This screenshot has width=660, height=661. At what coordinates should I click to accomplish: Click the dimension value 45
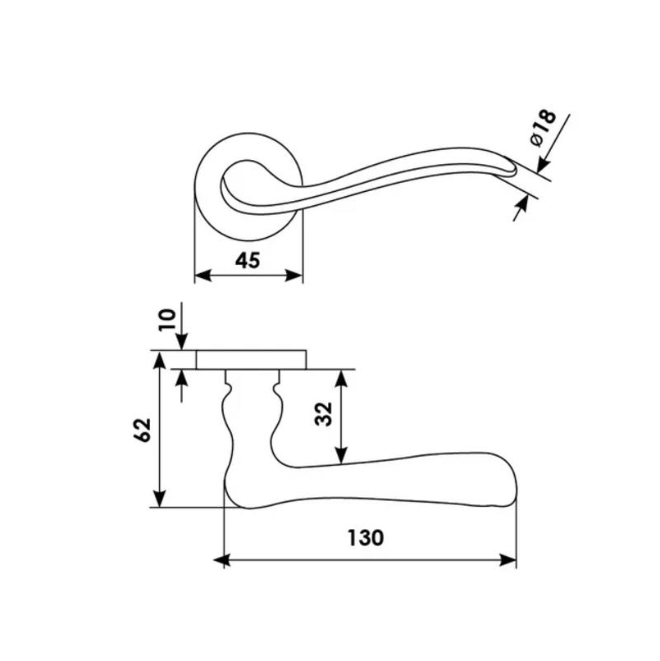pyautogui.click(x=248, y=261)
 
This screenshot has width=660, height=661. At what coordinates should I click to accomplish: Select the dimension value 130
pyautogui.click(x=366, y=538)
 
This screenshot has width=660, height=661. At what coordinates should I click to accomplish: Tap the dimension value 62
pyautogui.click(x=143, y=430)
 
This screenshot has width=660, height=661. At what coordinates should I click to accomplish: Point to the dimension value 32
pyautogui.click(x=324, y=414)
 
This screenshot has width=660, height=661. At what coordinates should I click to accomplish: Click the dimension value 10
pyautogui.click(x=167, y=321)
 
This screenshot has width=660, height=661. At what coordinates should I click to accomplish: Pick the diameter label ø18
pyautogui.click(x=543, y=128)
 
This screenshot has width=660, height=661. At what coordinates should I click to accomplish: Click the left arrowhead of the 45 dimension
pyautogui.click(x=203, y=276)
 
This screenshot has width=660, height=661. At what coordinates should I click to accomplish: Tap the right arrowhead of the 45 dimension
pyautogui.click(x=294, y=276)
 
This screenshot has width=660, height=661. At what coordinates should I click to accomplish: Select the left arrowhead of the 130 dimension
pyautogui.click(x=222, y=561)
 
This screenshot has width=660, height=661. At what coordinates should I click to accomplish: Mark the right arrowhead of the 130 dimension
pyautogui.click(x=508, y=561)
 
